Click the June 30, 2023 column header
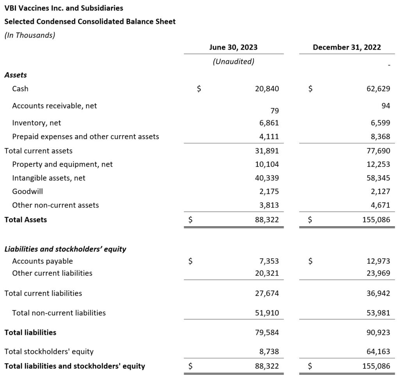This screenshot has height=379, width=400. tap(233, 47)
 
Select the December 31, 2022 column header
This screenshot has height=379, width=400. tap(347, 47)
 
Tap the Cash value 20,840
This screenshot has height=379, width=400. tap(267, 89)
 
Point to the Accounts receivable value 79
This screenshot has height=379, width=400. tap(275, 111)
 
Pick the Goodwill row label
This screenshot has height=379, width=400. tap(27, 191)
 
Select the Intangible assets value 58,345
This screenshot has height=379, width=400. tap(378, 178)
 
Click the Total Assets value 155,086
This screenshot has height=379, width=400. tap(375, 220)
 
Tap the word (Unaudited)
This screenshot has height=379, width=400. tap(233, 61)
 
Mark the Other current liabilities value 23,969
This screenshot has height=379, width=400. tap(378, 273)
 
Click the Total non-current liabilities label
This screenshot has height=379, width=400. tap(59, 313)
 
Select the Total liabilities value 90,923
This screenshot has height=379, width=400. tap(378, 333)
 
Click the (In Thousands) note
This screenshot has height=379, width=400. tap(30, 35)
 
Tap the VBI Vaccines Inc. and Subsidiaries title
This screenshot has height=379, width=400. tap(64, 8)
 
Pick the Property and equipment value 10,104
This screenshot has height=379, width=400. tap(267, 164)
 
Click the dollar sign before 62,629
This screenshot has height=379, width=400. tap(310, 89)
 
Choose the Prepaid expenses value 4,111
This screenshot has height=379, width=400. tap(269, 137)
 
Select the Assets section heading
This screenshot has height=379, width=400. tap(16, 75)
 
